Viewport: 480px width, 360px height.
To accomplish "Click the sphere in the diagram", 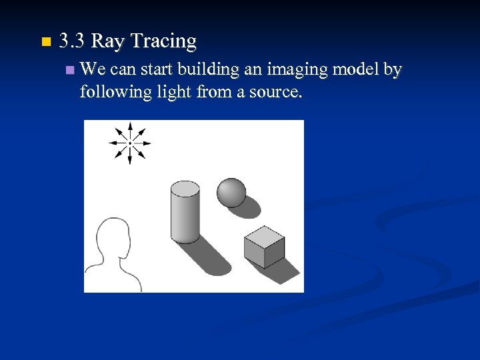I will pos(231,192).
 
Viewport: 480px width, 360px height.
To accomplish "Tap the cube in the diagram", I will pos(263,247).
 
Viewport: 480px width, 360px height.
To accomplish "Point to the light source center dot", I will pos(130,143).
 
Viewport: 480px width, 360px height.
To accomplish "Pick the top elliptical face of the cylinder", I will pos(185,189).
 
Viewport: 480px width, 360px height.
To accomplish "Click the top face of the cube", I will pos(264,235).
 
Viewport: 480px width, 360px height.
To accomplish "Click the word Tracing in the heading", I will pos(163,41).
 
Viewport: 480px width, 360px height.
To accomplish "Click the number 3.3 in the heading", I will pos(71,41).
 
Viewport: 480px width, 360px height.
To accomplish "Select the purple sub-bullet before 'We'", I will pos(71,69).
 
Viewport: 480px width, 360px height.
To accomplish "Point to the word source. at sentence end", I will pos(275,91).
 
